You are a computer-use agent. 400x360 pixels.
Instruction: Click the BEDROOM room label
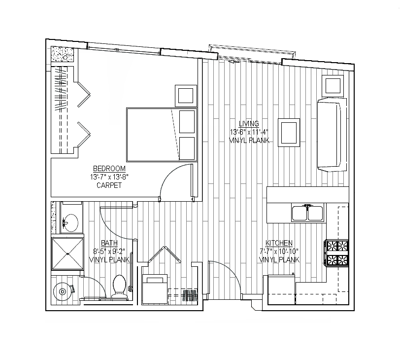point(109,169)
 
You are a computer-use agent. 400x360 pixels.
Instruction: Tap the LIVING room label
point(249,124)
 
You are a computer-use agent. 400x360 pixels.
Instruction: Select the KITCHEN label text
point(279,243)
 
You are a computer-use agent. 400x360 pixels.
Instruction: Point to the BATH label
point(109,243)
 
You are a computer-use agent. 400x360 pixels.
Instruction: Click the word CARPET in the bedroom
point(109,185)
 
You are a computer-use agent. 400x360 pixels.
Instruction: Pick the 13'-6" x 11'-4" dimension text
point(249,132)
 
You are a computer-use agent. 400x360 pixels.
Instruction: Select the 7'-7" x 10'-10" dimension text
point(279,252)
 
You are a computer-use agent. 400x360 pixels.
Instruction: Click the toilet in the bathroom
point(119,287)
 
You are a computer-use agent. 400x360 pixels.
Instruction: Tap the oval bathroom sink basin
point(70,223)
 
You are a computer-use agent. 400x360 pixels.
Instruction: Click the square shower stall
point(67,254)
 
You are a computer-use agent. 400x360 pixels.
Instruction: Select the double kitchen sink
point(308,213)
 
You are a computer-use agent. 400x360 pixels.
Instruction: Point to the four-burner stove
point(337,253)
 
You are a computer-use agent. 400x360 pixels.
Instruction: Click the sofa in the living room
point(332,135)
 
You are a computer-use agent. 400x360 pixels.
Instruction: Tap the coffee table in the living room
point(289,133)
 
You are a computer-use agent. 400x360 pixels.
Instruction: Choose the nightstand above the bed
point(186,96)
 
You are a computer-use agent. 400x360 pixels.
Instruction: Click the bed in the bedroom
point(162,135)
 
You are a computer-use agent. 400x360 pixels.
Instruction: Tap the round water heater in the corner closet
point(62,291)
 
